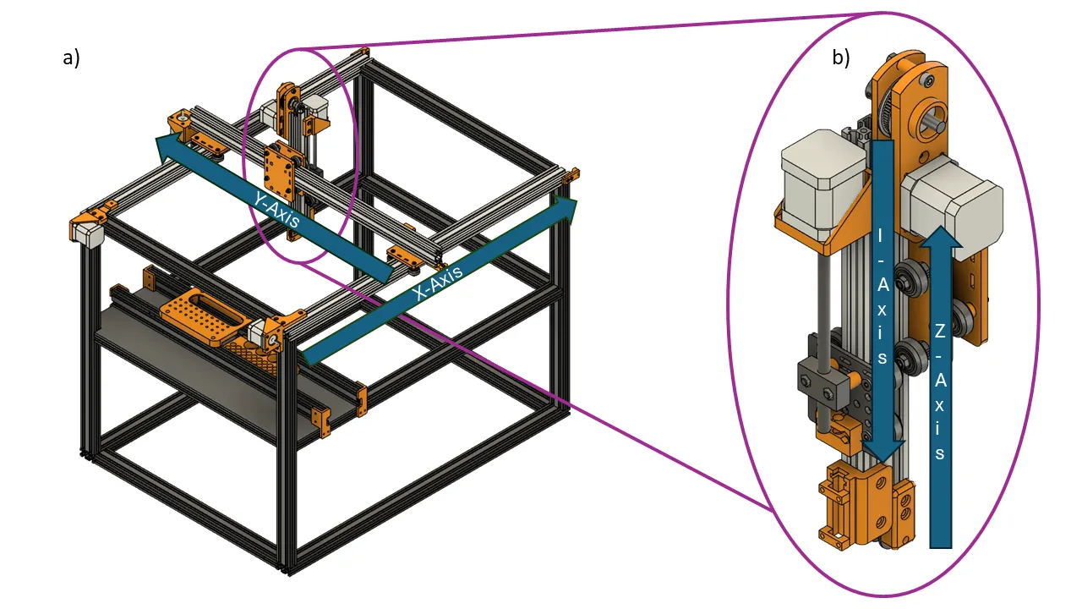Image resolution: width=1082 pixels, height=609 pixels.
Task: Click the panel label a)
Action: pos(71,58)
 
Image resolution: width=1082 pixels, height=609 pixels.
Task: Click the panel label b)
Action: pos(841,58)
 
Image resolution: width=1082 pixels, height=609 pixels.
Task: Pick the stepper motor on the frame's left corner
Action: pos(87,232)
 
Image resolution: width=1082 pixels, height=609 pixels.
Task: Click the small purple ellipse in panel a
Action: pos(301,155)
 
